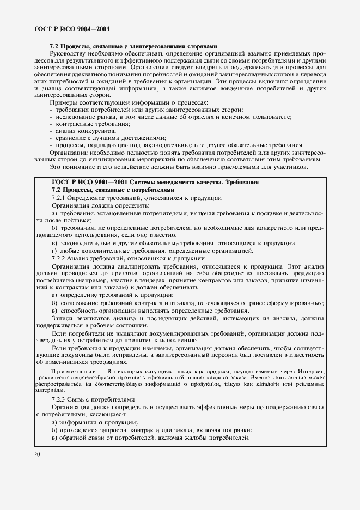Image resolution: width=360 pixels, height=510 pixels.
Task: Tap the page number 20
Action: [37, 453]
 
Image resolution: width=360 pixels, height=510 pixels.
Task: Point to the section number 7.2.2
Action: [58, 258]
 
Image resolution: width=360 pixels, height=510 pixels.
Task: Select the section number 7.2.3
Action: [58, 400]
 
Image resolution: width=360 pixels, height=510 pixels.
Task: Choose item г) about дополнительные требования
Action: [152, 251]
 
